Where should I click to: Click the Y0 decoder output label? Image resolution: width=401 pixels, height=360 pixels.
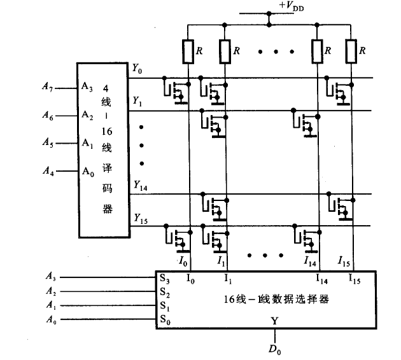pyautogui.click(x=137, y=67)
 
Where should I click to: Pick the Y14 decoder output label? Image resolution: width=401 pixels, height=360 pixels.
pyautogui.click(x=140, y=185)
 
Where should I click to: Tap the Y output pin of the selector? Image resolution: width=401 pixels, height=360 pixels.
pyautogui.click(x=273, y=321)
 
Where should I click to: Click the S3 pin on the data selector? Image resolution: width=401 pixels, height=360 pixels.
pyautogui.click(x=165, y=279)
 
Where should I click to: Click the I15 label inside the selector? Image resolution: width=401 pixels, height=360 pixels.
pyautogui.click(x=354, y=279)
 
